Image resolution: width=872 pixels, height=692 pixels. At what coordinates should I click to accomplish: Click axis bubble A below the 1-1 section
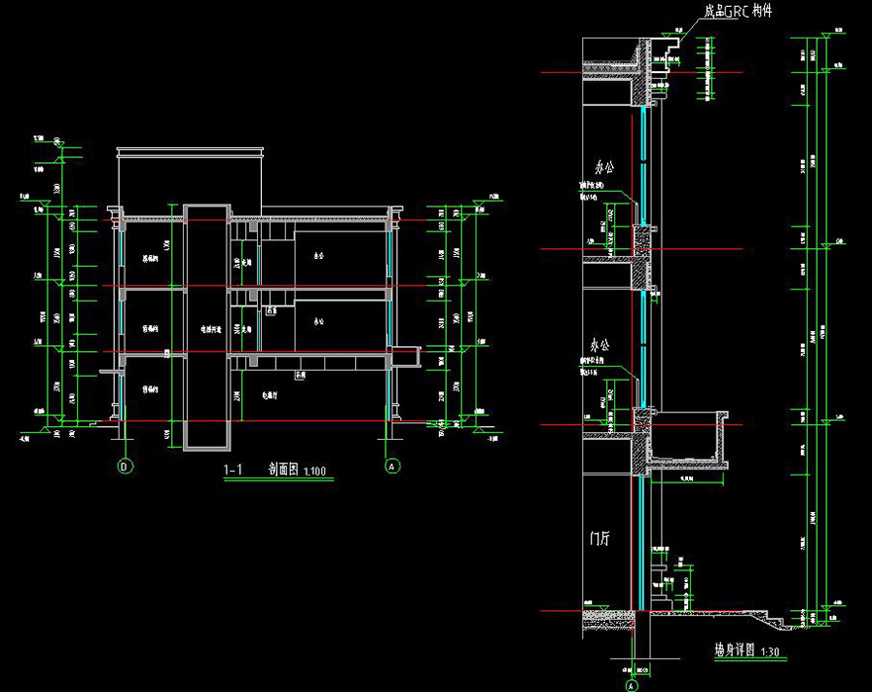click(392, 465)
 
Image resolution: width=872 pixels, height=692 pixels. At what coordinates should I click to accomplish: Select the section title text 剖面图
click(284, 471)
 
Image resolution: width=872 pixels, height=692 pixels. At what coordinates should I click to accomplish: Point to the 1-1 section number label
click(234, 471)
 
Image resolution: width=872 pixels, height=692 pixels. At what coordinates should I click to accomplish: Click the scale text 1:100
click(315, 472)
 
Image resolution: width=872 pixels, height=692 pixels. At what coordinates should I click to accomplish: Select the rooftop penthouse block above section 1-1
click(191, 178)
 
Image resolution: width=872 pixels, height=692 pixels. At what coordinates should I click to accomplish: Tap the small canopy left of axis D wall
click(110, 371)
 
